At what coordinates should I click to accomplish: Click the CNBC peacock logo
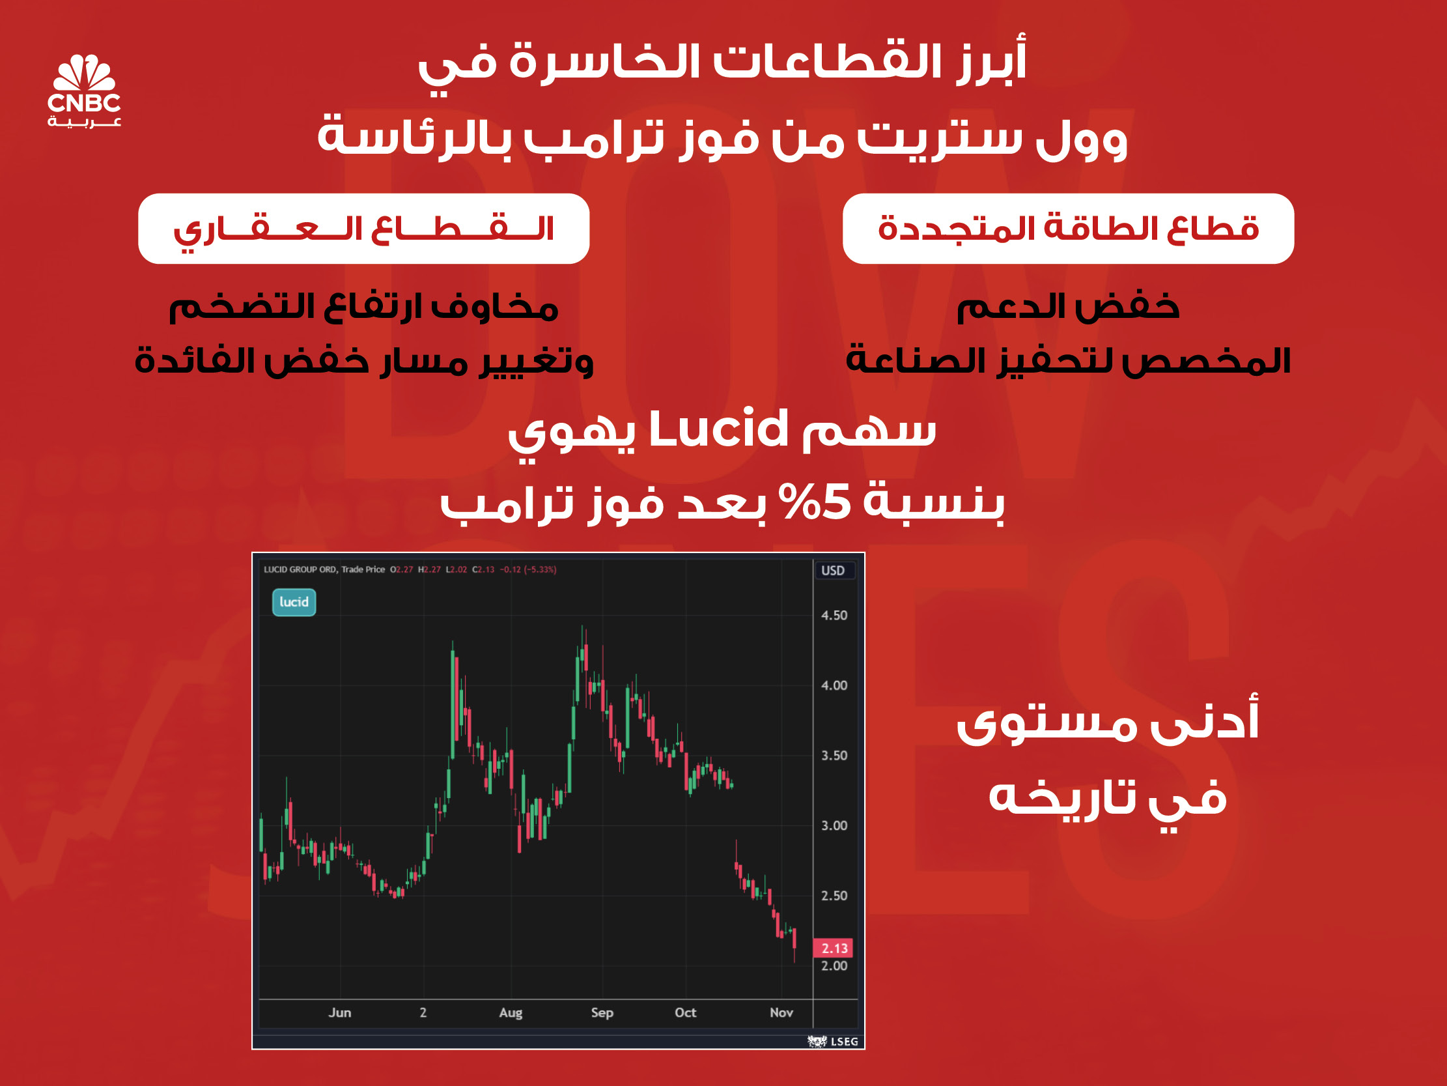click(85, 91)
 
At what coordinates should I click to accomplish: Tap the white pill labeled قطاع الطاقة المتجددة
click(1067, 229)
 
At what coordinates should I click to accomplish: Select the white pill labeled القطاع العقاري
click(364, 229)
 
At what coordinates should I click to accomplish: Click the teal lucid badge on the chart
click(294, 602)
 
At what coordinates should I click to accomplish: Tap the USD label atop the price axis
click(833, 570)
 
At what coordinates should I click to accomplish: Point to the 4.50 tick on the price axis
click(834, 616)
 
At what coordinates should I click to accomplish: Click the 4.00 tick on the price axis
click(834, 685)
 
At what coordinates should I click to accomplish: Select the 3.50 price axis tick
click(834, 756)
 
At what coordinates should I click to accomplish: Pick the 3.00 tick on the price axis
click(834, 825)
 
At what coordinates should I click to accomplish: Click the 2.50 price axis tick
click(834, 896)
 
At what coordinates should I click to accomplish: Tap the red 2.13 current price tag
click(834, 948)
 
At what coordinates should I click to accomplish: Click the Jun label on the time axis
click(339, 1012)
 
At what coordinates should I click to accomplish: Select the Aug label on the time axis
click(511, 1012)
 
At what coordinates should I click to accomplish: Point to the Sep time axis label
click(602, 1012)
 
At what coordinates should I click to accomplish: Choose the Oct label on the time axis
click(686, 1012)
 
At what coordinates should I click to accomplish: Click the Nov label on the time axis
click(781, 1012)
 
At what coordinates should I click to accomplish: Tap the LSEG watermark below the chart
click(834, 1042)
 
